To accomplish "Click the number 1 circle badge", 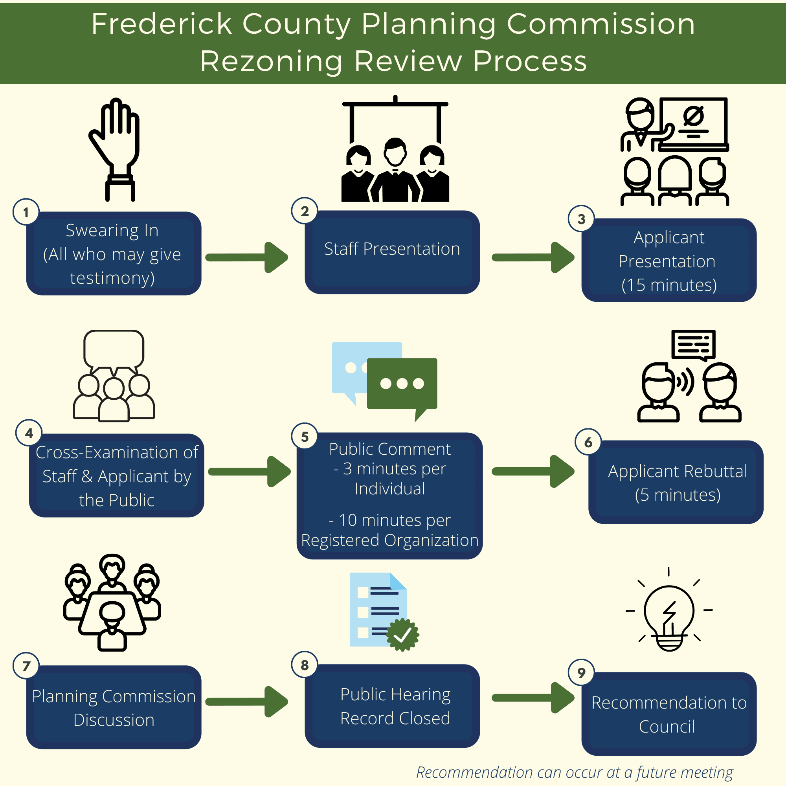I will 26,212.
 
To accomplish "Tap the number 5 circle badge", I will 304,437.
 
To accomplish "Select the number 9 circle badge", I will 581,673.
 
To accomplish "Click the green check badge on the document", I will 402,635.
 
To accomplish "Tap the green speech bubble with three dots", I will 402,384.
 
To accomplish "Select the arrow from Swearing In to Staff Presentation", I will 247,257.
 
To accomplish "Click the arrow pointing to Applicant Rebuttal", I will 533,471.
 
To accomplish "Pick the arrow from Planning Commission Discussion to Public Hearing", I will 247,702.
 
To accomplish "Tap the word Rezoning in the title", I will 271,61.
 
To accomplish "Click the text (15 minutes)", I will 669,285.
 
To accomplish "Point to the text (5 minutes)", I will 678,495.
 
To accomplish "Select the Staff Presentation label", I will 392,249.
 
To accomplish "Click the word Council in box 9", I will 667,727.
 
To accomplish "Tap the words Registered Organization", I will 389,540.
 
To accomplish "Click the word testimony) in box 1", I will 112,278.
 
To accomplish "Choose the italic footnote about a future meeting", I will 574,772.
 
